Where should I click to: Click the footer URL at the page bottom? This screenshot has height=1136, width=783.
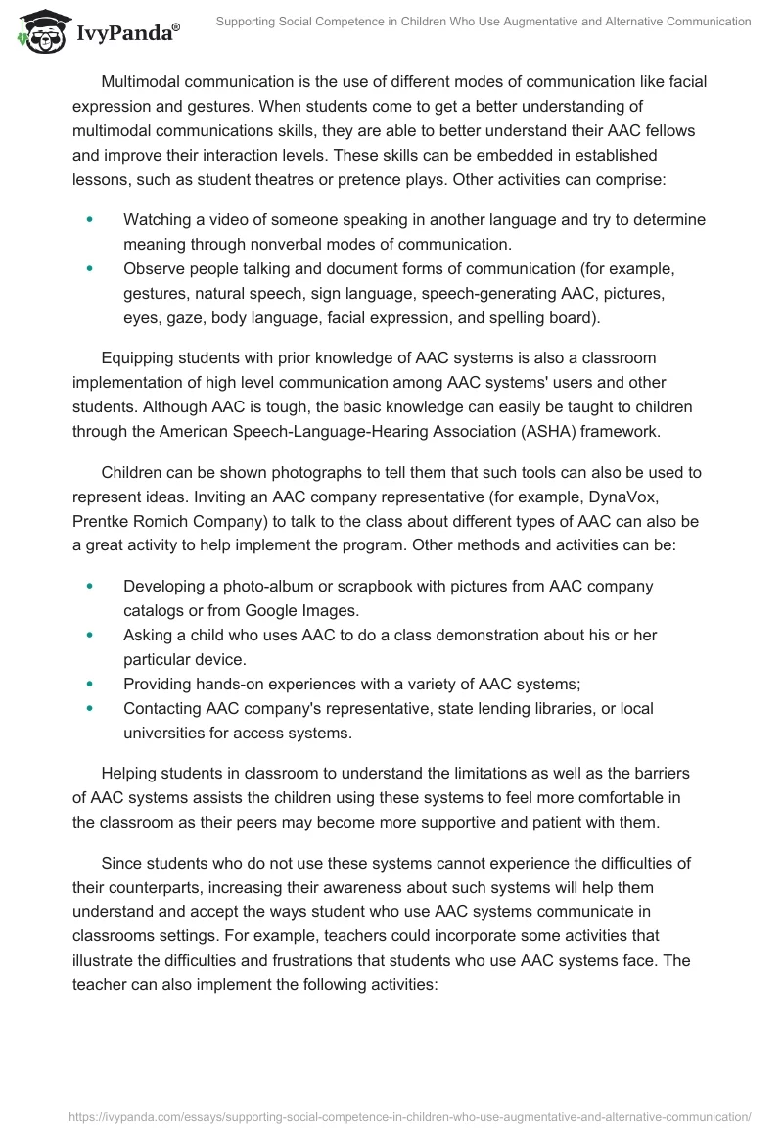point(409,1115)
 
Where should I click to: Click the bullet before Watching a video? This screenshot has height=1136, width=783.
point(91,220)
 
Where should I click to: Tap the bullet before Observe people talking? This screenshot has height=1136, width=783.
point(91,268)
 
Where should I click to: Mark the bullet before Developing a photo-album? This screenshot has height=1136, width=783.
point(91,586)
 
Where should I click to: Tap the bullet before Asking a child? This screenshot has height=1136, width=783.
point(91,635)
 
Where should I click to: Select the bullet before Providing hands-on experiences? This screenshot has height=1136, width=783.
point(91,684)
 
